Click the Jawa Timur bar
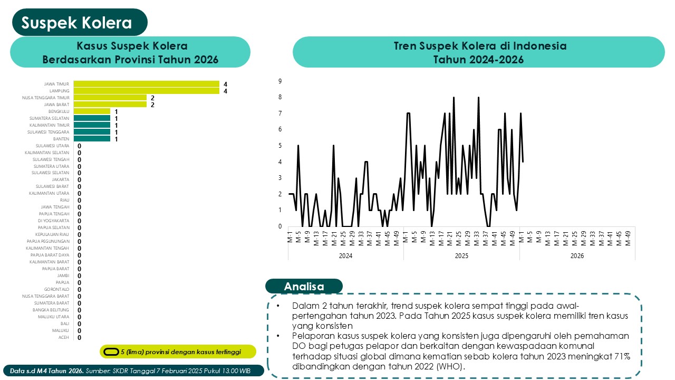[146, 84]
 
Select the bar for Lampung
[146, 91]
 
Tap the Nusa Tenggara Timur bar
[110, 98]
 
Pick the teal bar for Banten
[92, 139]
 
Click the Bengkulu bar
[92, 111]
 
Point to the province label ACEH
[64, 337]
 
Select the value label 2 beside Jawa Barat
[152, 104]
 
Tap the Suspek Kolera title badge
[76, 23]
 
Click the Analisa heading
[304, 287]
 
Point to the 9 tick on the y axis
[281, 81]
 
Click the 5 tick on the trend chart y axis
[281, 146]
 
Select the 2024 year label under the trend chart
[345, 255]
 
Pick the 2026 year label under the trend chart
[577, 255]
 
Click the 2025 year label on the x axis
[461, 255]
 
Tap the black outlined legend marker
[111, 351]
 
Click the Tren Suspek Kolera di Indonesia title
[479, 46]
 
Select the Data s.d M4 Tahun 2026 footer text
[46, 371]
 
